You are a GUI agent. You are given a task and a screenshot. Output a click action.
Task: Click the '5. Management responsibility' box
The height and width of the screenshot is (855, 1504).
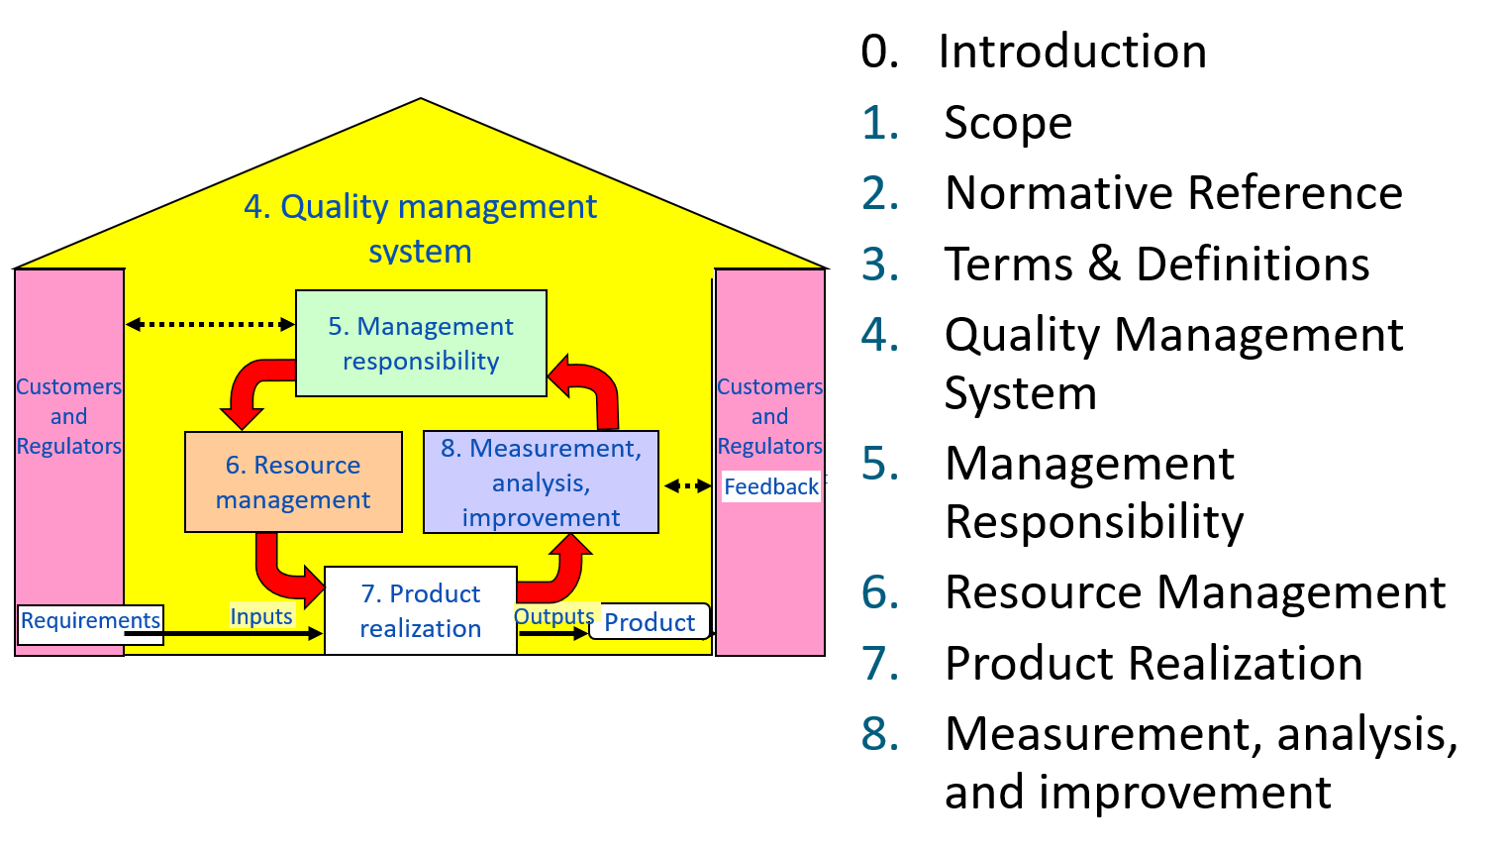(421, 343)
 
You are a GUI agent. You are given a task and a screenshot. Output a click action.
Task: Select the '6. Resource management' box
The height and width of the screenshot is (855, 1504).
(293, 481)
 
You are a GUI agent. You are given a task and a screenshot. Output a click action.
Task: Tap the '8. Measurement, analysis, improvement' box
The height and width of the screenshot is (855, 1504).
(541, 482)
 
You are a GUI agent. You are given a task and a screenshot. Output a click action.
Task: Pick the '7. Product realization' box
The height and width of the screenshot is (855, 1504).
(421, 610)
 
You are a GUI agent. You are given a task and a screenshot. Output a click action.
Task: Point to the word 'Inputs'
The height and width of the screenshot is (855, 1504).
(261, 616)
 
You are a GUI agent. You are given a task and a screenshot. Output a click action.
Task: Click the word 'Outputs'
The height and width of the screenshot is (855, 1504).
(554, 616)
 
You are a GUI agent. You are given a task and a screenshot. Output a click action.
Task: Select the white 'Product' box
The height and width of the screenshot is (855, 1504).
(650, 622)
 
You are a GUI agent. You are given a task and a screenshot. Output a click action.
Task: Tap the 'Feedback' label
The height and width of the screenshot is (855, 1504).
(771, 486)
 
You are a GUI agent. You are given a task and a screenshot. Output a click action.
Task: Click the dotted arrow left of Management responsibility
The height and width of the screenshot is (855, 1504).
(210, 324)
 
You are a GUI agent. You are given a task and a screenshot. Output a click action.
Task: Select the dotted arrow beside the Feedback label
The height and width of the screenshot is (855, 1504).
(687, 485)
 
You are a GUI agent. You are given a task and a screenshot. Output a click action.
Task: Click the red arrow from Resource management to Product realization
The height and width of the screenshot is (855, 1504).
(282, 569)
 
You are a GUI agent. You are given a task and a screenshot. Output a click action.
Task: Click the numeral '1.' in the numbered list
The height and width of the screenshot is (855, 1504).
(879, 124)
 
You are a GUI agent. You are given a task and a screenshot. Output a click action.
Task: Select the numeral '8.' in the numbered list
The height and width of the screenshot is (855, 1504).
(879, 734)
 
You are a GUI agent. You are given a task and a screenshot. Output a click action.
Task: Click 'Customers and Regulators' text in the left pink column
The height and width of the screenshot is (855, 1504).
(69, 416)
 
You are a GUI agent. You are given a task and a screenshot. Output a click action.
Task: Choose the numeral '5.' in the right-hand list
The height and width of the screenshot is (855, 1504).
(879, 463)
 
